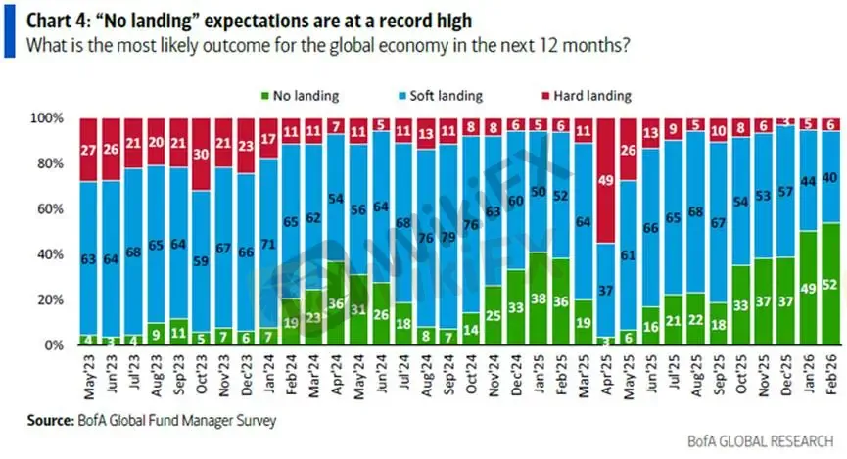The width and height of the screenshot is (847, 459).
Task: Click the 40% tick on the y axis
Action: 50,254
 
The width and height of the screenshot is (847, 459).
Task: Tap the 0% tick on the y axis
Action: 53,345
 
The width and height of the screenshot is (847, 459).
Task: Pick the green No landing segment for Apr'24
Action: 336,304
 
